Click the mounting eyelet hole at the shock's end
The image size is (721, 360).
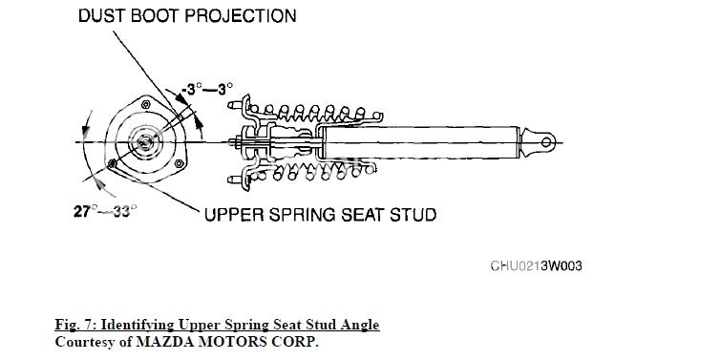click(x=547, y=142)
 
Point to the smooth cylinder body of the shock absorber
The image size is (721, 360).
click(x=420, y=143)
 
